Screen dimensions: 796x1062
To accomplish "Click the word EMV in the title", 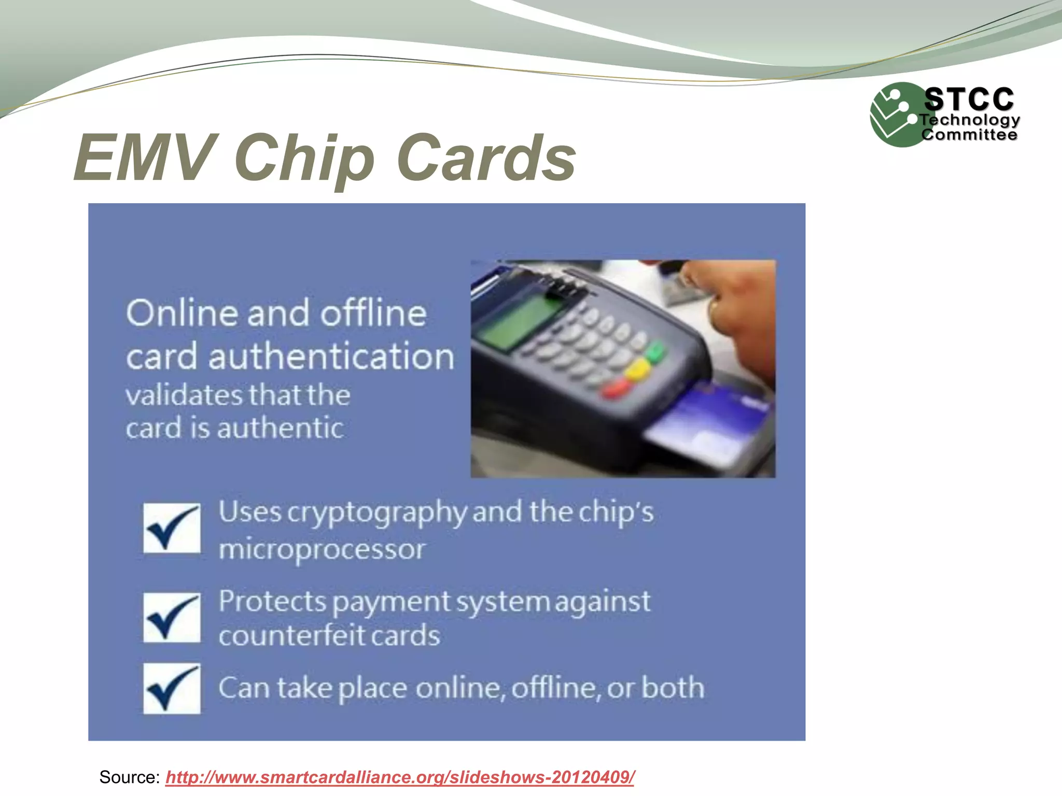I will (145, 157).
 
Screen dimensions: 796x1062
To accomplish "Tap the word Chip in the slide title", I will (304, 158).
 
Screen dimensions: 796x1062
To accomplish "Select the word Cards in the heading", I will (486, 157).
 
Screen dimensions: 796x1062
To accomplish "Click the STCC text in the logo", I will (969, 99).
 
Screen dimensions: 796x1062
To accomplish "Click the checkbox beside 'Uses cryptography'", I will (172, 528).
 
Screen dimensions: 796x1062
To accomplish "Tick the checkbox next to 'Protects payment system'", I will (172, 618).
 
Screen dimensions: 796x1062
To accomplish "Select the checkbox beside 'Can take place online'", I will (172, 689).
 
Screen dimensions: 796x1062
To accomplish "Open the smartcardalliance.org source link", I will (400, 777).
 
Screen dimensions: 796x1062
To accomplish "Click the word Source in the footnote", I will (129, 777).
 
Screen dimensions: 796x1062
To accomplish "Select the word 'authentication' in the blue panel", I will (331, 357).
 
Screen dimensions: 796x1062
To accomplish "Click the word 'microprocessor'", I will (322, 549).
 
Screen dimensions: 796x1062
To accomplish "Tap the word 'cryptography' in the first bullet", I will (377, 513).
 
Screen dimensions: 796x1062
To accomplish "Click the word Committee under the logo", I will (969, 135).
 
